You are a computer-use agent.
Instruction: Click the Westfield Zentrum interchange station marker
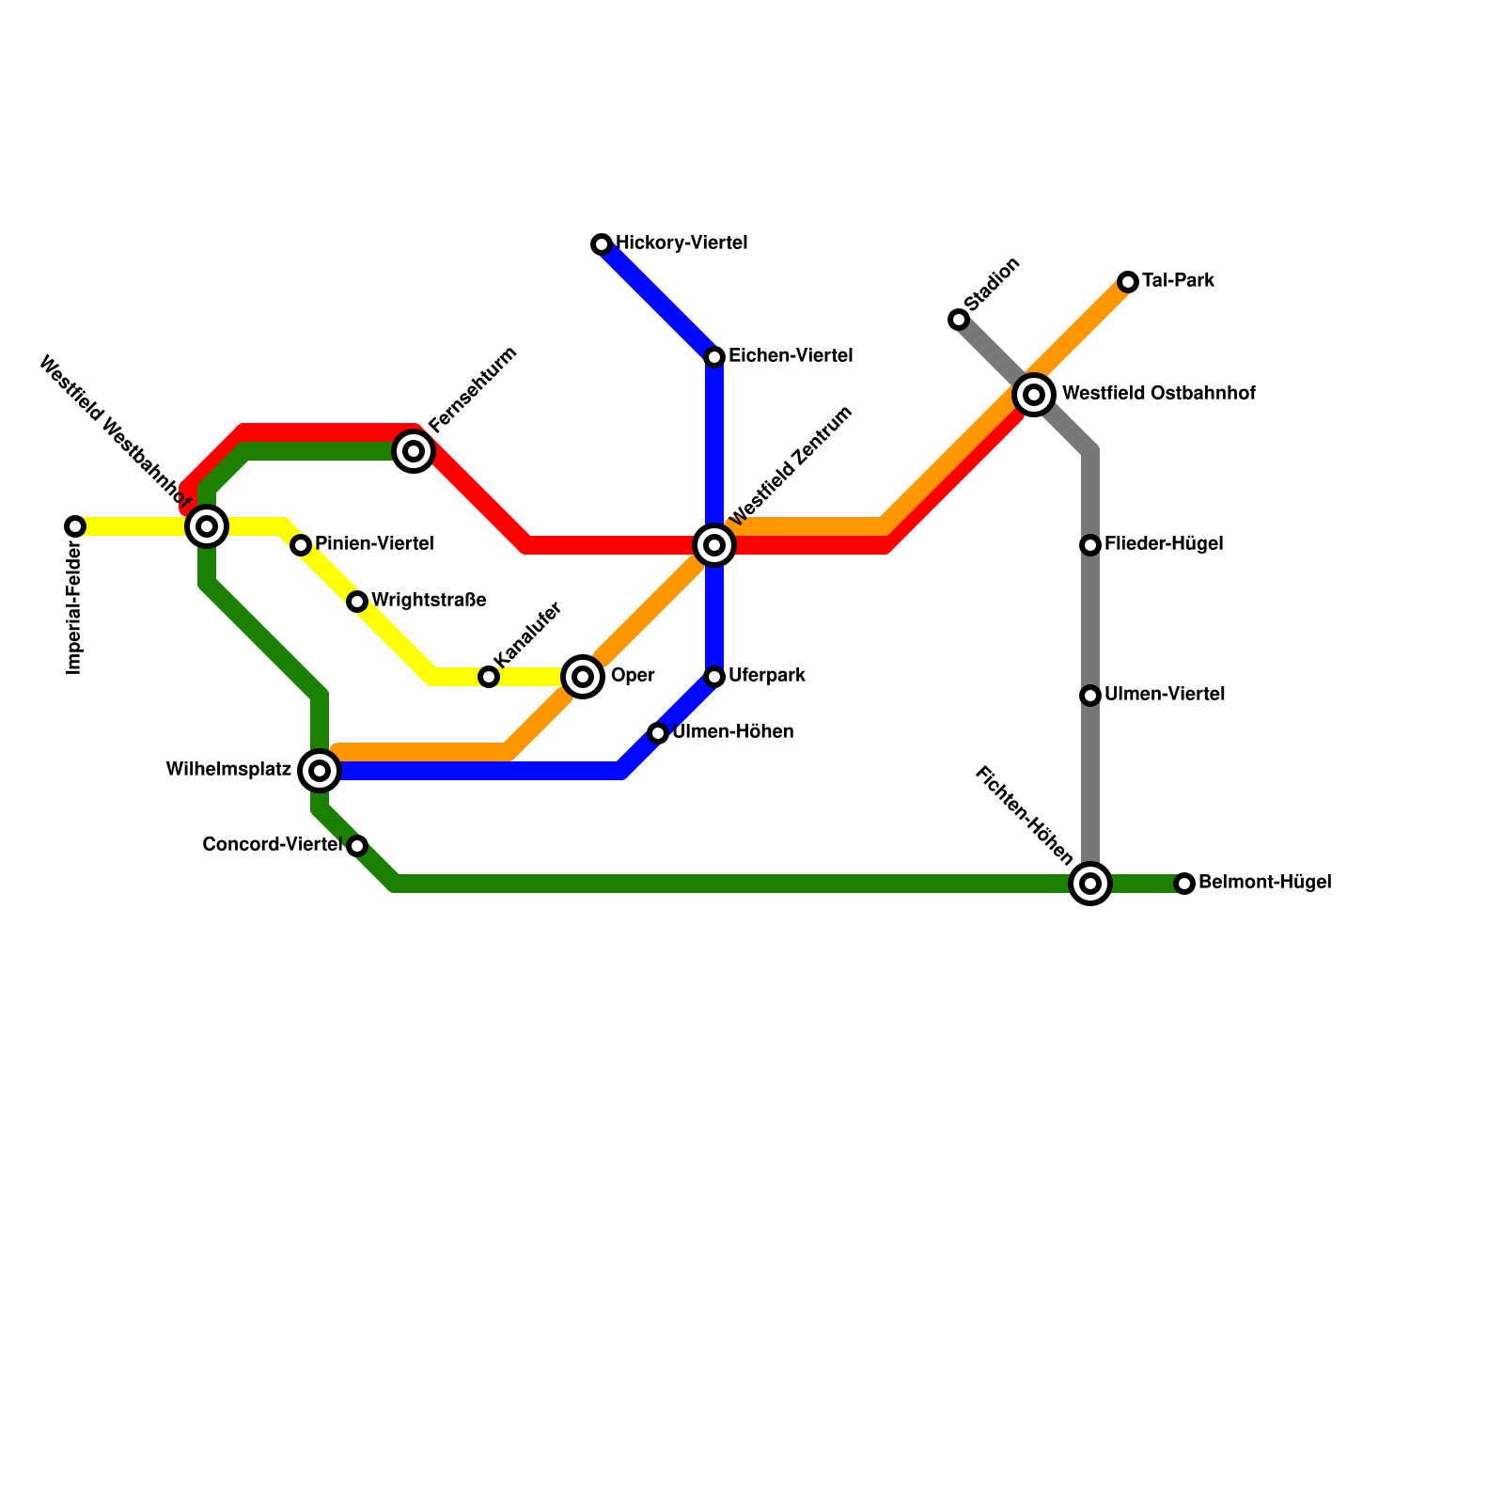(714, 545)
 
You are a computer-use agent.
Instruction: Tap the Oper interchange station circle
(583, 677)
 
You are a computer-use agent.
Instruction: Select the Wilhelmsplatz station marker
(320, 771)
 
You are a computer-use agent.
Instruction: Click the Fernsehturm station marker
(414, 451)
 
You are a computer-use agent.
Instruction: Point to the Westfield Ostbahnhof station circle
(1034, 395)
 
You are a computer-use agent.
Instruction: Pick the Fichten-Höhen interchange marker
(1090, 884)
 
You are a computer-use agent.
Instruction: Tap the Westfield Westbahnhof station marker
(207, 526)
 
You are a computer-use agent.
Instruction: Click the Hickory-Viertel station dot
(602, 244)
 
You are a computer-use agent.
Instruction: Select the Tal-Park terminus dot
(1128, 282)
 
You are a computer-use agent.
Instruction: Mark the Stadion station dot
(959, 320)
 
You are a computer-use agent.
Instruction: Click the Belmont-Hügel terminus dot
(1184, 884)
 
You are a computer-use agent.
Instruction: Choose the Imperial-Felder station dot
(75, 526)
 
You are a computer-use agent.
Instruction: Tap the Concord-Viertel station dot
(357, 846)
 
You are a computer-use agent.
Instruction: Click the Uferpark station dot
(714, 677)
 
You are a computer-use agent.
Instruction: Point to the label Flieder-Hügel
(1164, 544)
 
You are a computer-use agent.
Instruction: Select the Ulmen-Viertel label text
(1165, 695)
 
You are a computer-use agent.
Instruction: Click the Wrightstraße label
(429, 600)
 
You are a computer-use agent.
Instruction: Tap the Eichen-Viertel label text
(791, 356)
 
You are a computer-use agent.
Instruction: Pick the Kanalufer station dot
(489, 677)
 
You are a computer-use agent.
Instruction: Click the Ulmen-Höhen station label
(733, 732)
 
